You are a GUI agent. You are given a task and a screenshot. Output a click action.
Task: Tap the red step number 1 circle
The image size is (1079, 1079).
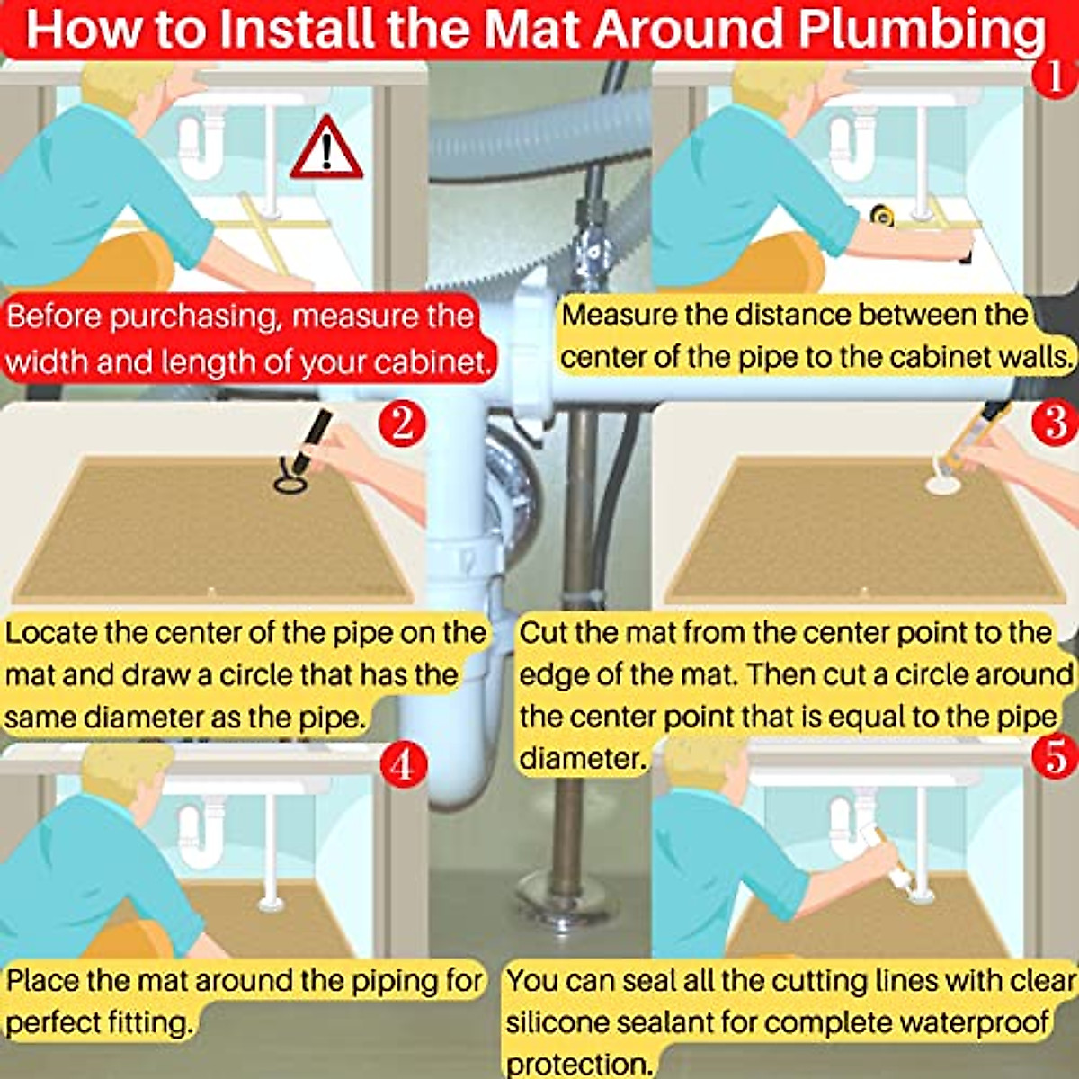[x=1055, y=76]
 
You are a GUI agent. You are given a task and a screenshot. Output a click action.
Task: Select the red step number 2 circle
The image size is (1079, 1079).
[x=402, y=424]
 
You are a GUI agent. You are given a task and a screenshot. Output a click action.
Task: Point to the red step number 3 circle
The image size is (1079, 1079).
[x=1055, y=424]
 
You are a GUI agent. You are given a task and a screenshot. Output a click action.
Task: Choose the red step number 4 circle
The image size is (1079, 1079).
[x=403, y=764]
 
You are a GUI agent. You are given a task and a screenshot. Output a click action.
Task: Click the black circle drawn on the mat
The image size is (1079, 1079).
[x=291, y=484]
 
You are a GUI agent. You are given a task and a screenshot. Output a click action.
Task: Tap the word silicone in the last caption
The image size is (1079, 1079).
[x=562, y=1021]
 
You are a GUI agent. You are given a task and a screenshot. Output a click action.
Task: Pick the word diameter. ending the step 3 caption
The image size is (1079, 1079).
[x=583, y=759]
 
